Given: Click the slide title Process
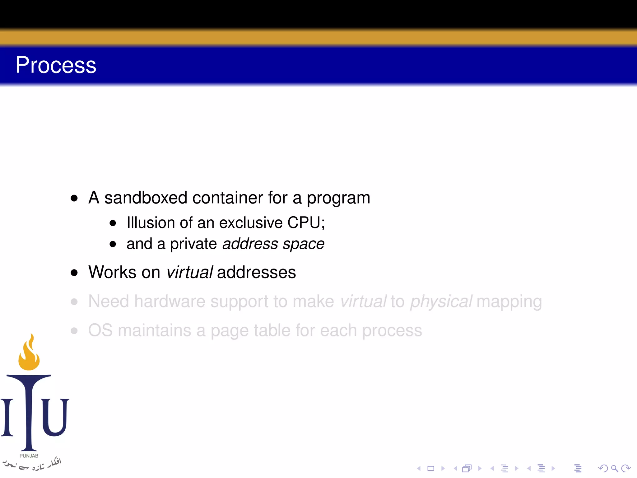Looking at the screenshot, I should [56, 65].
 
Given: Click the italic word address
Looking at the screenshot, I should [250, 244].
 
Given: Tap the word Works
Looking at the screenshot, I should [112, 272].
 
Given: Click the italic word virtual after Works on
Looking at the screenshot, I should [189, 272].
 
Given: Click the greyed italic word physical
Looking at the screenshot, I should [441, 302].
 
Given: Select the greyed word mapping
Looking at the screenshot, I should [509, 302].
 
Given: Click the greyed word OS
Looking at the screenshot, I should [100, 330].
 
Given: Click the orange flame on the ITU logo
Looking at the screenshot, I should [29, 353].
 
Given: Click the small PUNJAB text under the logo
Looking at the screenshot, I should [29, 456].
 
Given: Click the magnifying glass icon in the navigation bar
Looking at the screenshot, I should [614, 468].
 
